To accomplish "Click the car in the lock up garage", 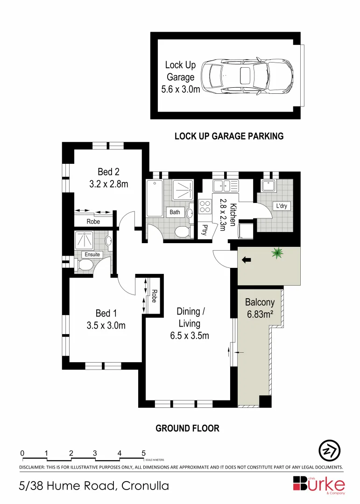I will coord(247,75).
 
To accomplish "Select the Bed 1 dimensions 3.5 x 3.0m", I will coord(106,325).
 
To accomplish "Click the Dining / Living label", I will coord(189,317).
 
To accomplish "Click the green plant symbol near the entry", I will coord(277,253).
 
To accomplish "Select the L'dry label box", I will coord(281,206).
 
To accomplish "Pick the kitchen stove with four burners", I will coord(205,206).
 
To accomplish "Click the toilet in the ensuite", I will coord(85,265).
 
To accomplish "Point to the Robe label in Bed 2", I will coord(93,222).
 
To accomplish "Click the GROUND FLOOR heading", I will coord(187,428).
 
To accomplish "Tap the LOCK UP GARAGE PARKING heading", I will coord(229,136).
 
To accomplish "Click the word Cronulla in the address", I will coord(145,486).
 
